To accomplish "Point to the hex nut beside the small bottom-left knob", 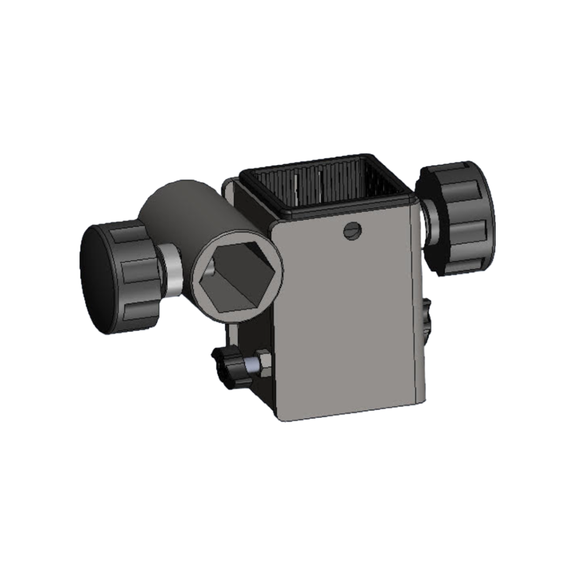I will (262, 363).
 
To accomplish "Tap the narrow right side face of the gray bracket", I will (419, 309).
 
